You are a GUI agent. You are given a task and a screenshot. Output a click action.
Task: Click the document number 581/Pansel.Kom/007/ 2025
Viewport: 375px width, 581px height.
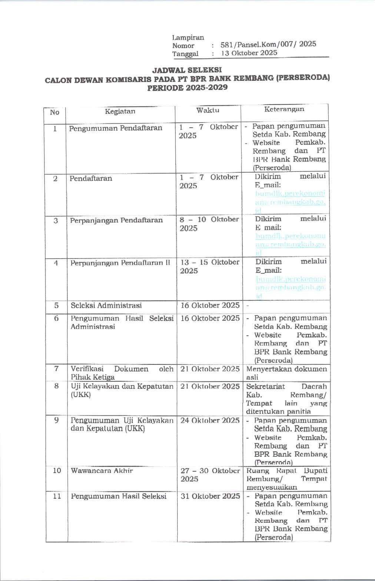point(268,44)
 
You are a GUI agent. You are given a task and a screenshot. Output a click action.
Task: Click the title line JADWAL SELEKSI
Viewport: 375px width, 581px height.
point(187,70)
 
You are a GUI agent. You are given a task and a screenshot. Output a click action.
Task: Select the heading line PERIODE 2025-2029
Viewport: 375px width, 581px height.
point(187,88)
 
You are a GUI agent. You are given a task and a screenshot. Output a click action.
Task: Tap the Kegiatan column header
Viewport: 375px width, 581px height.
point(120,111)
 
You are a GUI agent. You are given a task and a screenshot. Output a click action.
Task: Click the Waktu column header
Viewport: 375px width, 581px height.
point(208,110)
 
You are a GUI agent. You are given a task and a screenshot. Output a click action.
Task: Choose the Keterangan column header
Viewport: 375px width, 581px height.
point(284,109)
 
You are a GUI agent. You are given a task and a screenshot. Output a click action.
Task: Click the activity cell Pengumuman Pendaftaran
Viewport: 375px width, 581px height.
point(116,128)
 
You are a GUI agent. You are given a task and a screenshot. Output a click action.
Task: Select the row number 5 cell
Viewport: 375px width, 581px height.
point(56,306)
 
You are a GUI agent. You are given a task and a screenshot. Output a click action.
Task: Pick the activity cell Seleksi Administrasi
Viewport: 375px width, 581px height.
point(106,306)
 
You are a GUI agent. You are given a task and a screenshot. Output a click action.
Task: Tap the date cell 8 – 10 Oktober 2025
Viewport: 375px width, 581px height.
point(209,224)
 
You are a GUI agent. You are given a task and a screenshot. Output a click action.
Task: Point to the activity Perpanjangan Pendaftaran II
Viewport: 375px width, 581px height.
point(120,263)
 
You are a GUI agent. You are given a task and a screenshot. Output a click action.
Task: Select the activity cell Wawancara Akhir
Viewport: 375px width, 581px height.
point(102,471)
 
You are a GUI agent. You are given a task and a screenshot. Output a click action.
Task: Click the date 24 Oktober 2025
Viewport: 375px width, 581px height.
point(210,420)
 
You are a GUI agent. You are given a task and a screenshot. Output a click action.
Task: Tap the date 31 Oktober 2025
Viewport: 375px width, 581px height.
point(210,496)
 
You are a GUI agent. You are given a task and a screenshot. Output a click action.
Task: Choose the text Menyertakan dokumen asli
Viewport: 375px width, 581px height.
point(286,373)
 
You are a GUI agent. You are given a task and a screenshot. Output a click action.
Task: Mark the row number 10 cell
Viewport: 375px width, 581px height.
point(57,471)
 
